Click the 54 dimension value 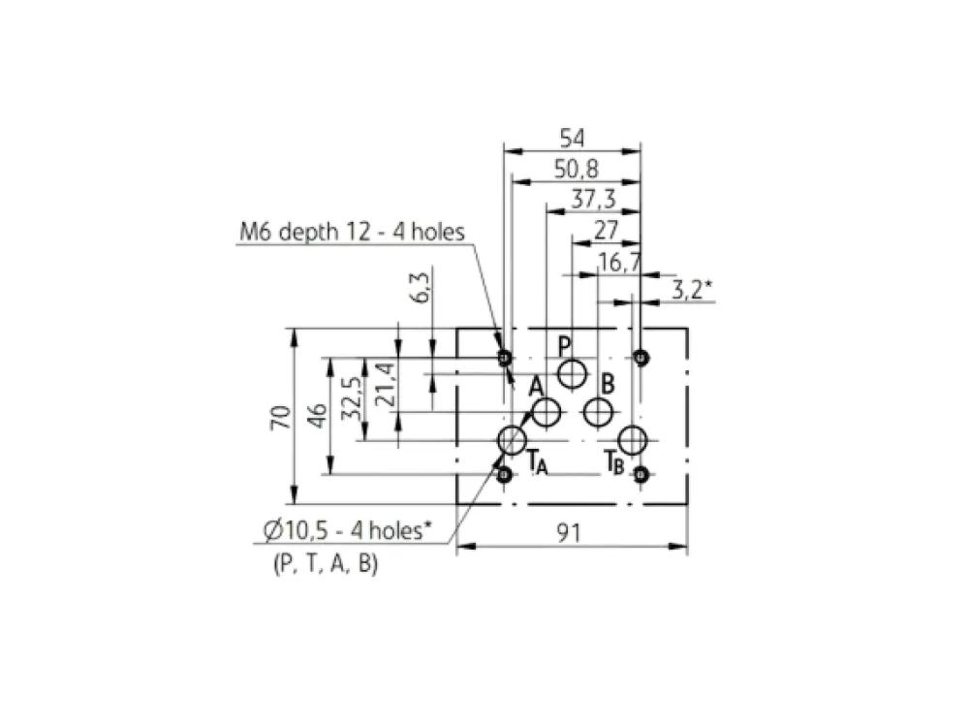tap(572, 138)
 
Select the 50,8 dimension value tap(576, 169)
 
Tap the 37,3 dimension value tap(593, 199)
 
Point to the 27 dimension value tap(606, 230)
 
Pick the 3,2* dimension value tap(691, 289)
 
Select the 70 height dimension tap(280, 417)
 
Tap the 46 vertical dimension tap(317, 415)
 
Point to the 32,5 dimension tap(351, 398)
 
